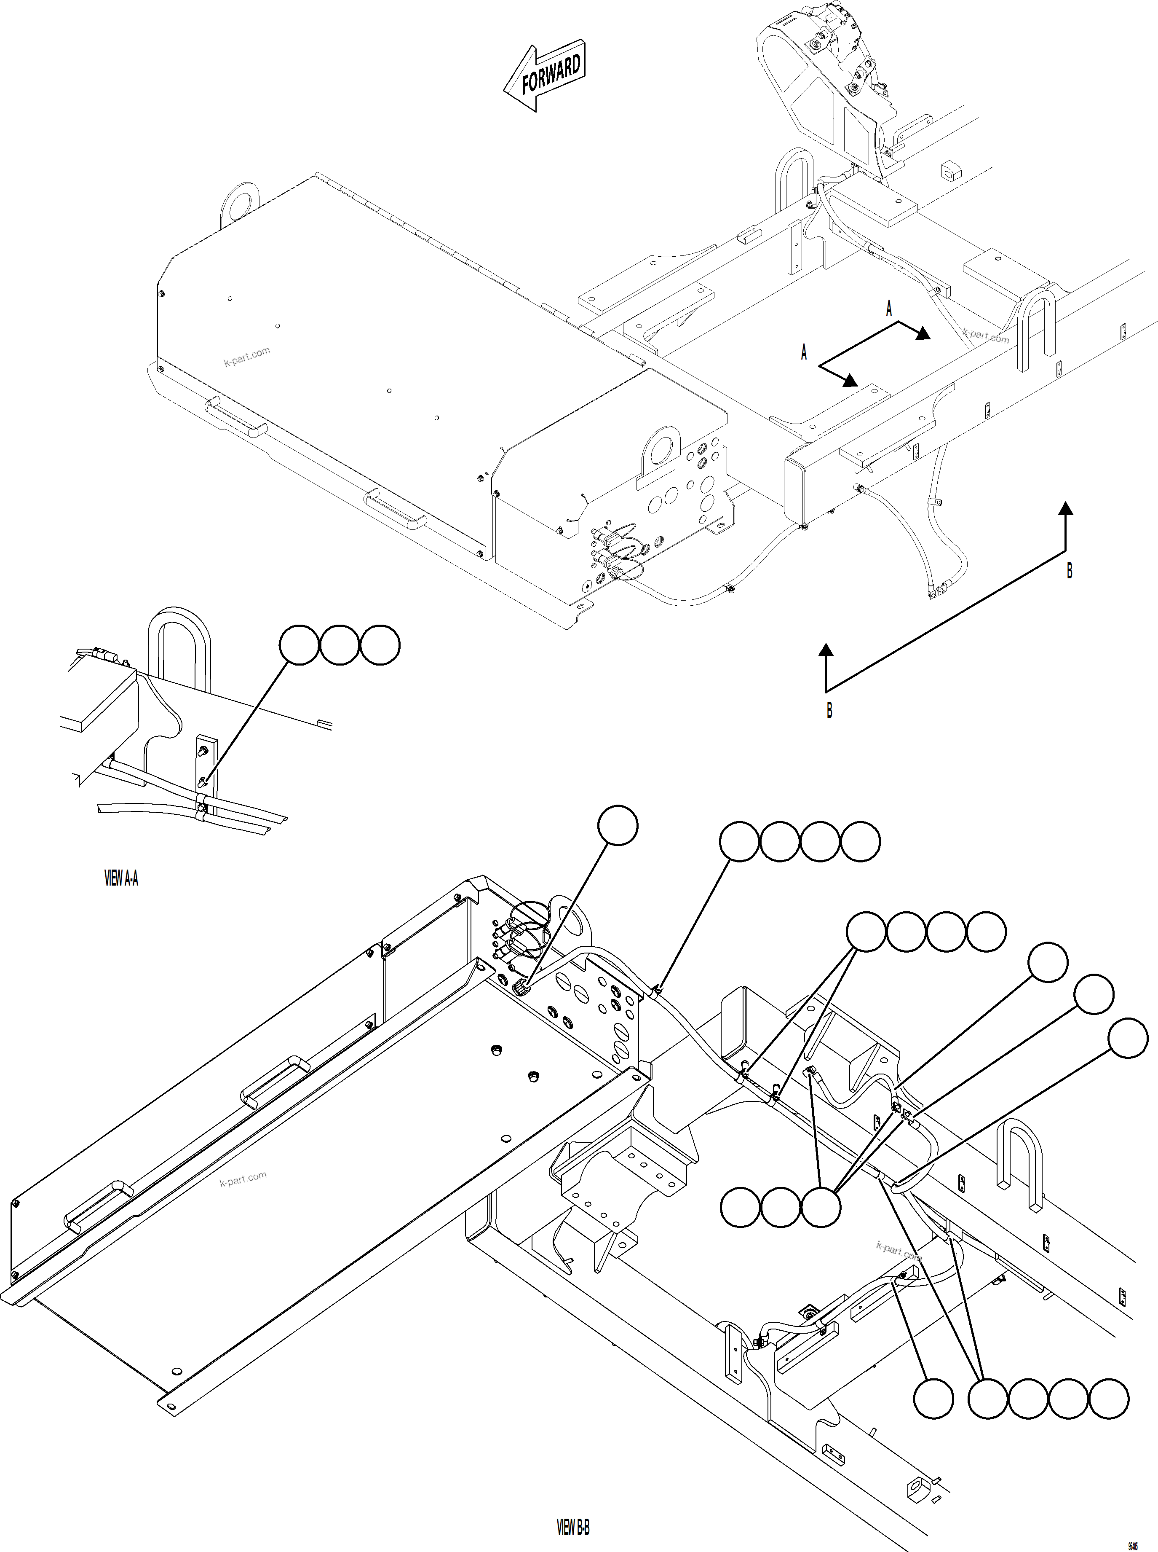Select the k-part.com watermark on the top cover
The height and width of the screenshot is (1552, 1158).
coord(247,357)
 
